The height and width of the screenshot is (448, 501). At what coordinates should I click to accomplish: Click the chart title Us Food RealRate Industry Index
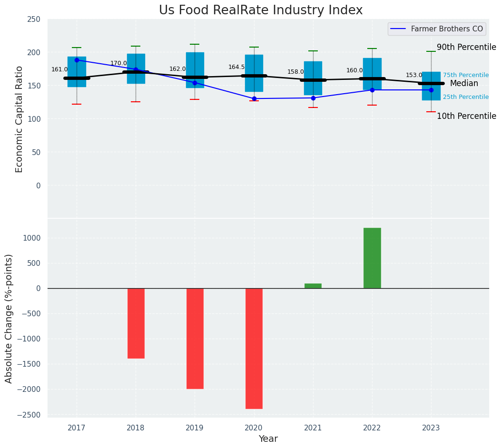click(x=261, y=10)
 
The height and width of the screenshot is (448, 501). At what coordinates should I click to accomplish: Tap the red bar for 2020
click(x=254, y=348)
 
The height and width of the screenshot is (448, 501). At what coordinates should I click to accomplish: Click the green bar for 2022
click(x=372, y=258)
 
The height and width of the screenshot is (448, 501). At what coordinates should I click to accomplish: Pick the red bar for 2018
click(x=136, y=323)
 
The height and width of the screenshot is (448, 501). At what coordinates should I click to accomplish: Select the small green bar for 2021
click(x=313, y=286)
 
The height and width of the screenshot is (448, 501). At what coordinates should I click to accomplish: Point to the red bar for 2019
click(x=195, y=338)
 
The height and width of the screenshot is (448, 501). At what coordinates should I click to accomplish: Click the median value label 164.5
click(x=236, y=67)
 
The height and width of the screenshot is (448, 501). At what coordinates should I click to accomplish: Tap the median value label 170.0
click(x=118, y=63)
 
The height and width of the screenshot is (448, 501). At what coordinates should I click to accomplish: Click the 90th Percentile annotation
click(x=466, y=47)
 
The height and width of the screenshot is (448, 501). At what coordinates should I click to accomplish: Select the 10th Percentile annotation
click(x=466, y=116)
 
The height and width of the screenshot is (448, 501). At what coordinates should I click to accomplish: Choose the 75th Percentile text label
click(x=466, y=75)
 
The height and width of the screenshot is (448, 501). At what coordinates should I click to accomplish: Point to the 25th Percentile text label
click(x=466, y=97)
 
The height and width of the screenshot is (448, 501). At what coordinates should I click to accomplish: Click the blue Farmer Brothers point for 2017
click(x=77, y=60)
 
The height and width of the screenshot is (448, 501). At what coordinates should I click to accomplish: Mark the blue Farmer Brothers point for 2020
click(x=254, y=98)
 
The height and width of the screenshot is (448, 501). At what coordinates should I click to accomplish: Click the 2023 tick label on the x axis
click(x=431, y=428)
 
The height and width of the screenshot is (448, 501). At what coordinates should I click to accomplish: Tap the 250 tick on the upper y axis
click(x=34, y=19)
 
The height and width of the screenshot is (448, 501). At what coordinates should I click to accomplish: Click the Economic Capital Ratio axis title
click(x=20, y=119)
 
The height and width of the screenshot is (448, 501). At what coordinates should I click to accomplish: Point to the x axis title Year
click(x=268, y=439)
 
